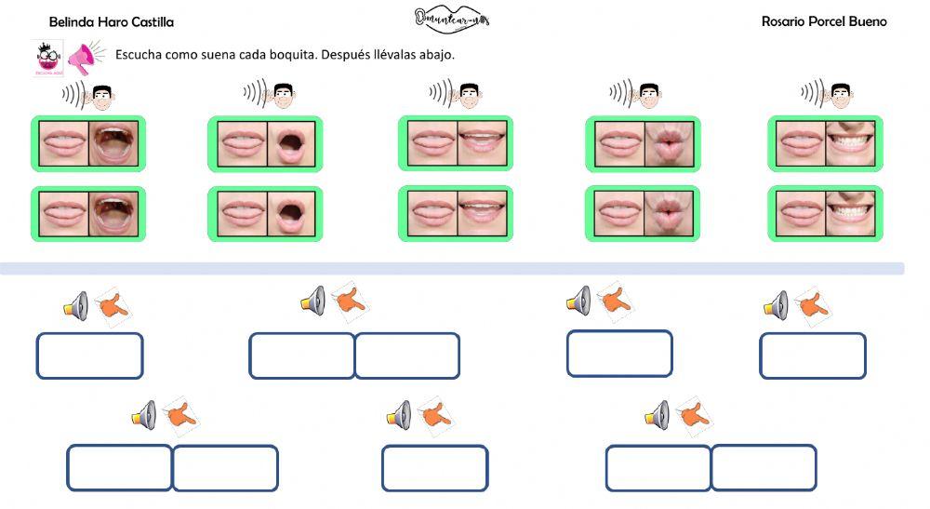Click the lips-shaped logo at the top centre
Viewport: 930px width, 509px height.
(x=452, y=19)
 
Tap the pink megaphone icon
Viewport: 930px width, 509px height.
(x=85, y=58)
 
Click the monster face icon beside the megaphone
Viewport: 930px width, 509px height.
(x=46, y=58)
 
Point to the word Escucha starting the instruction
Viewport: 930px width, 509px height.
(x=139, y=54)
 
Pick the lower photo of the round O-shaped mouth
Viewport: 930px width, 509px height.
(x=292, y=214)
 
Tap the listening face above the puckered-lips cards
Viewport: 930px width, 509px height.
(x=649, y=94)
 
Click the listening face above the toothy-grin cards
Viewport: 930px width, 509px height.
(x=841, y=94)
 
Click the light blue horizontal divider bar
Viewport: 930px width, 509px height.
(x=452, y=269)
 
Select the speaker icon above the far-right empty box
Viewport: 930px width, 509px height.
(x=776, y=304)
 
